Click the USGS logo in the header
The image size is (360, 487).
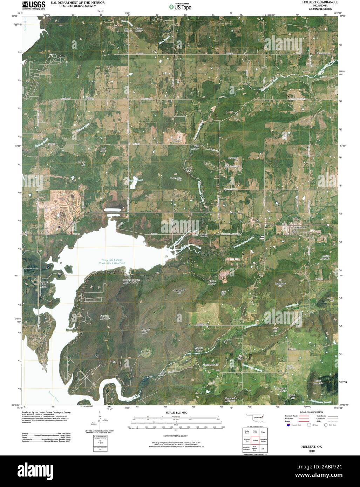pos(34,6)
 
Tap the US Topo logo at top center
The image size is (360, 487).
pos(180,6)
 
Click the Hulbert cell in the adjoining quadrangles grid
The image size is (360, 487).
pos(255,440)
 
